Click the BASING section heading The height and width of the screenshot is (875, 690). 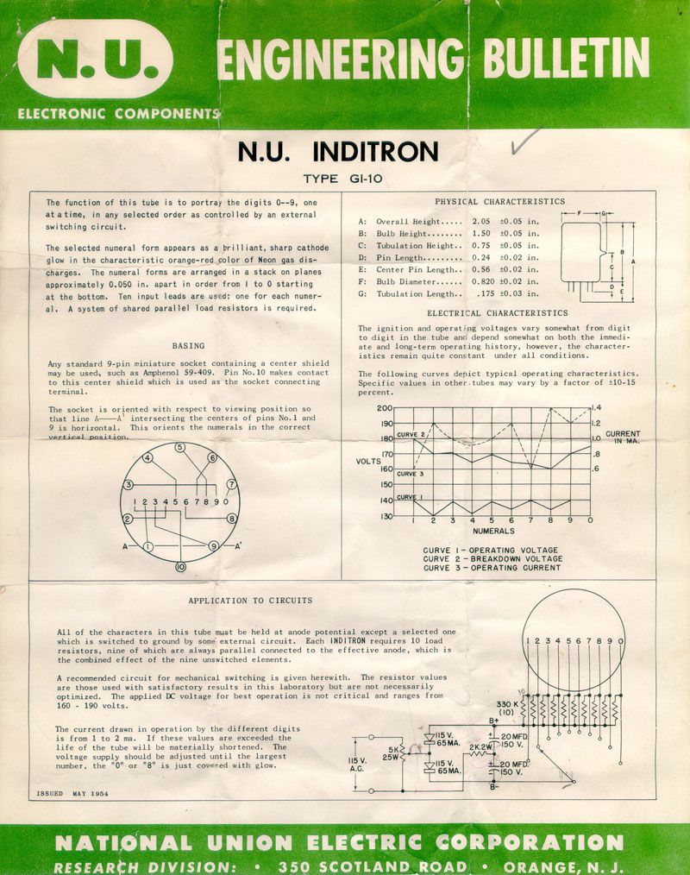pyautogui.click(x=188, y=345)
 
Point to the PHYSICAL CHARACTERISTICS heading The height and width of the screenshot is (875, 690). pyautogui.click(x=499, y=202)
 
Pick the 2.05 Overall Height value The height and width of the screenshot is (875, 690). pyautogui.click(x=481, y=222)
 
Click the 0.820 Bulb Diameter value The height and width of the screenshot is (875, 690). pyautogui.click(x=480, y=282)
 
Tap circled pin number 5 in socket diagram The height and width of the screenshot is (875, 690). pyautogui.click(x=180, y=448)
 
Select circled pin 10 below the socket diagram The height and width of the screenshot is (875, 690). pyautogui.click(x=180, y=567)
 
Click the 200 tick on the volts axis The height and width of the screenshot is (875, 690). pyautogui.click(x=385, y=408)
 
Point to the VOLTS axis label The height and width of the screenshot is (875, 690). pyautogui.click(x=368, y=462)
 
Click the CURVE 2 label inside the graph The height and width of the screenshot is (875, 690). pyautogui.click(x=411, y=434)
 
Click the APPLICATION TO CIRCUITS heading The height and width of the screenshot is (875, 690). pyautogui.click(x=250, y=600)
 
